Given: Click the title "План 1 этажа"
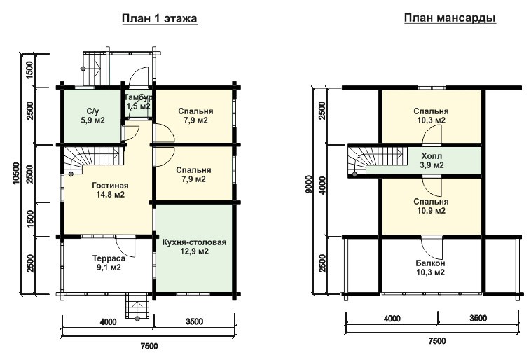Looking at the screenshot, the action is [159, 18].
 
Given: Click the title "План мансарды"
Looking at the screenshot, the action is [450, 18].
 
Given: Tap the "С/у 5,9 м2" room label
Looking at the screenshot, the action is [92, 116].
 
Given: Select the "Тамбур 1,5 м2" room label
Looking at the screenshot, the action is [139, 102].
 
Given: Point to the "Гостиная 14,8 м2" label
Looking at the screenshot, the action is [110, 190].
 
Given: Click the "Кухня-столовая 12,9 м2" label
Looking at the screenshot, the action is [194, 247].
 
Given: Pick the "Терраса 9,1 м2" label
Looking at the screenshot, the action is [109, 263].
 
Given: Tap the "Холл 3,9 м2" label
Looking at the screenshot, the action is [432, 160].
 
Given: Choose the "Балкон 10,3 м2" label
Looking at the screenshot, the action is [430, 268].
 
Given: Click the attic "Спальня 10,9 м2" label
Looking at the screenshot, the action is [431, 206].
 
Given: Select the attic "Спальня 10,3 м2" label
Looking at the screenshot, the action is [431, 116].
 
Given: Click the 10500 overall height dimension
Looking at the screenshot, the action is [16, 174].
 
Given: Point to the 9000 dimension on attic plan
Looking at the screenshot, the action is [308, 184].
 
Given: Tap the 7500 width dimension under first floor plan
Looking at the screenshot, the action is [149, 346].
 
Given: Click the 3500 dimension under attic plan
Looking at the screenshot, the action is [478, 318].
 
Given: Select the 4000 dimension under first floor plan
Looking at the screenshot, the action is [108, 321].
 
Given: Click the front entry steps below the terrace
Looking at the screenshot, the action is [137, 307].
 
